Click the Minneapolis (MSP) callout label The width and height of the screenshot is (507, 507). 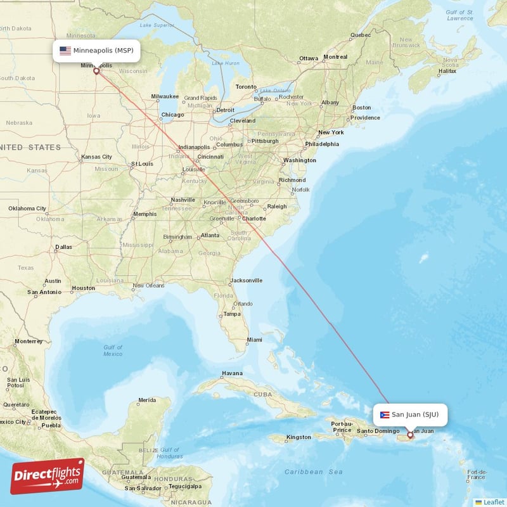point(96,51)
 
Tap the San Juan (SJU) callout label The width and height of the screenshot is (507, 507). point(410,414)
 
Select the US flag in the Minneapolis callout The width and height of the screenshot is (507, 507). point(65,51)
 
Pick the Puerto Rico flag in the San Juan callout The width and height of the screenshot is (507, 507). point(384,415)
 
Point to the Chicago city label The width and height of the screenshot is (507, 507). point(172,115)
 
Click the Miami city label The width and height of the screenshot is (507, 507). point(255,340)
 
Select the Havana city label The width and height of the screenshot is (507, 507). point(232,373)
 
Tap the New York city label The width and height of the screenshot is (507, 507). point(331,132)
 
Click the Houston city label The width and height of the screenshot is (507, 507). point(83,288)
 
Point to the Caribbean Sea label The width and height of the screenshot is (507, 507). point(314,472)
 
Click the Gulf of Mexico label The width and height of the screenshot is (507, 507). point(113,350)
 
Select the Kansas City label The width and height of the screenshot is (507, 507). point(96,157)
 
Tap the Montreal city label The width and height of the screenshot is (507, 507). point(335,57)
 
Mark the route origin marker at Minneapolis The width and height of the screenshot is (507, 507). point(96,71)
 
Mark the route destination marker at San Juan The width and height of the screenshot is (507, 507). point(410,435)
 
